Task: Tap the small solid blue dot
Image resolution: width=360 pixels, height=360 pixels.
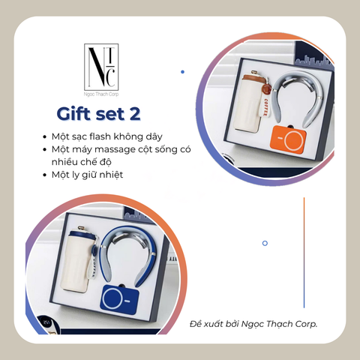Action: [182, 72]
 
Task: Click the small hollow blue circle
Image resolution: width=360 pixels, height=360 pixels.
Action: [265, 243]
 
